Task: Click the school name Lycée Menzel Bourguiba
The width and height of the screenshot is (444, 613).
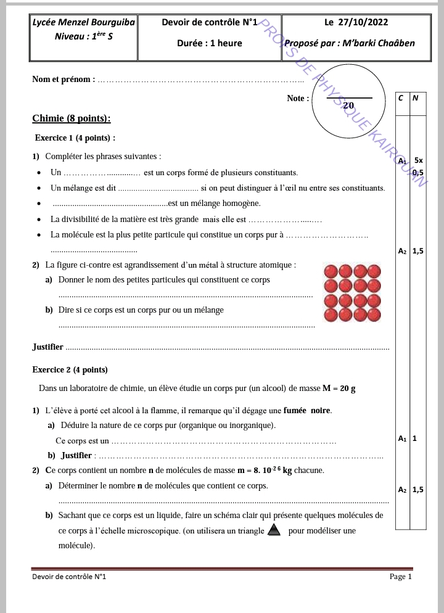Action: pyautogui.click(x=83, y=23)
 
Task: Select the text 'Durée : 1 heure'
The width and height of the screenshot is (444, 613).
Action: pyautogui.click(x=209, y=43)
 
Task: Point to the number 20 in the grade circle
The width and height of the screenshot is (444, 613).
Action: pyautogui.click(x=348, y=105)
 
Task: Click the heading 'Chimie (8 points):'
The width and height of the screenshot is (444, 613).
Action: pyautogui.click(x=72, y=118)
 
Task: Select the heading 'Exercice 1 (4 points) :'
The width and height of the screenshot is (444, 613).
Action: pyautogui.click(x=75, y=138)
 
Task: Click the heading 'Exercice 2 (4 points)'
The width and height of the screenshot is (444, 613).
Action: pyautogui.click(x=70, y=370)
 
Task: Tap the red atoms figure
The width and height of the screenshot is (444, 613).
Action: pyautogui.click(x=353, y=294)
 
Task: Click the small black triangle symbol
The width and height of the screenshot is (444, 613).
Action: pyautogui.click(x=274, y=530)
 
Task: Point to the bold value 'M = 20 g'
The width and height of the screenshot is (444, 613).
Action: pyautogui.click(x=339, y=389)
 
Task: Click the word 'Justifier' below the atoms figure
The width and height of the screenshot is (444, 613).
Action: pyautogui.click(x=47, y=347)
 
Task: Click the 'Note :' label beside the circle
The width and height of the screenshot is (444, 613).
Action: pyautogui.click(x=298, y=98)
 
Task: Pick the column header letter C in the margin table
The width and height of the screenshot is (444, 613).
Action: pyautogui.click(x=401, y=97)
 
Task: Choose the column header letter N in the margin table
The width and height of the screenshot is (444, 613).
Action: pyautogui.click(x=415, y=97)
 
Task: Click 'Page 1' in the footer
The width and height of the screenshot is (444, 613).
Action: pyautogui.click(x=400, y=577)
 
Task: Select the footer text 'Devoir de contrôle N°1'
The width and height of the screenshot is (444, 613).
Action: pyautogui.click(x=69, y=577)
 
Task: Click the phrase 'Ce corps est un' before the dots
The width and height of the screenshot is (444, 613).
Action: pyautogui.click(x=82, y=441)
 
